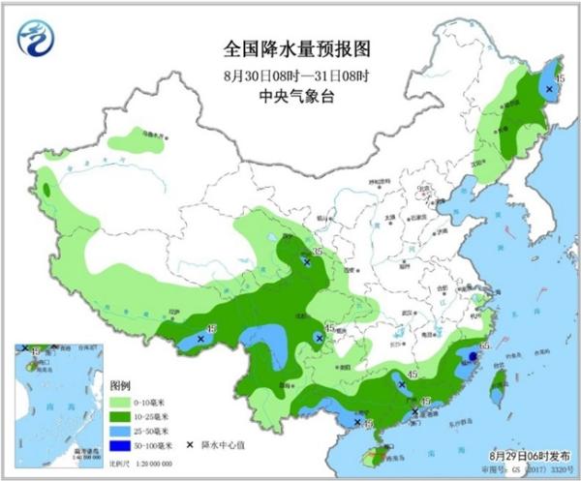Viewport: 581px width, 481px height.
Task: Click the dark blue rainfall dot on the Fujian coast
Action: pos(473,357)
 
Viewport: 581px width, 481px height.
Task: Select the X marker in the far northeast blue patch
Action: pos(550,89)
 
